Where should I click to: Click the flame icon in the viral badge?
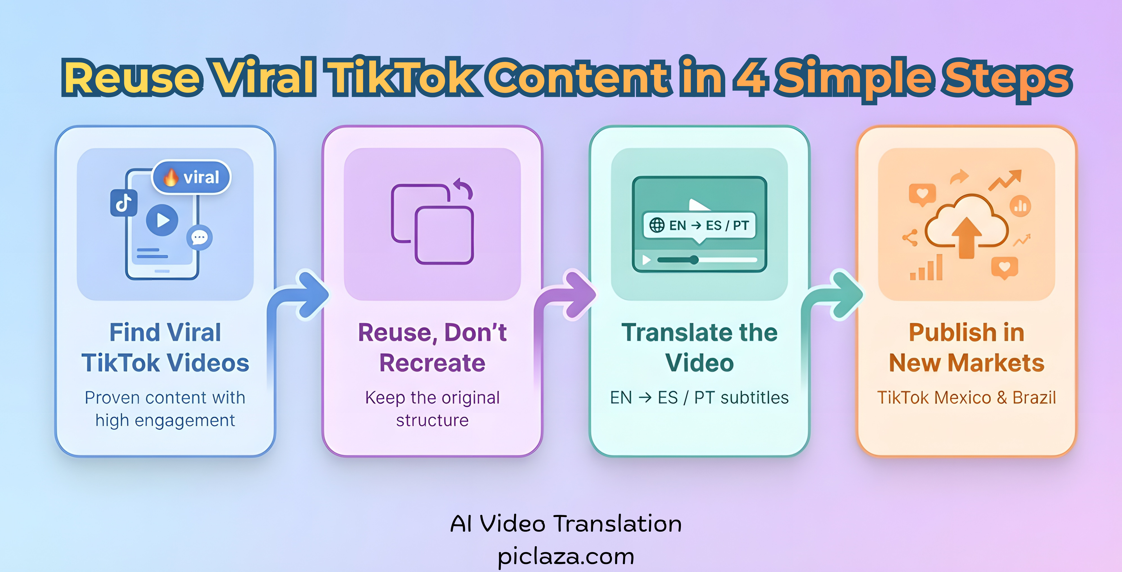click(171, 177)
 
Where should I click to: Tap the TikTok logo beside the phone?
click(124, 203)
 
